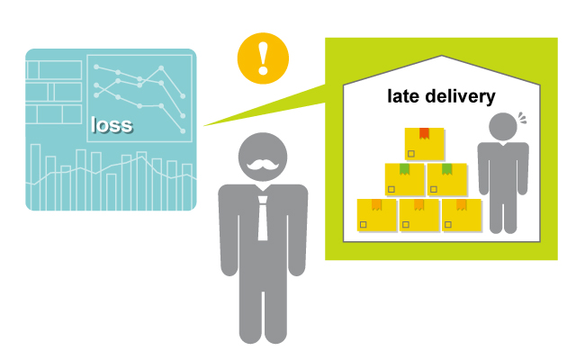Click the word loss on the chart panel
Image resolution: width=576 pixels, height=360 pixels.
112,124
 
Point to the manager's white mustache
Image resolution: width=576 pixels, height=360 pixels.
262,165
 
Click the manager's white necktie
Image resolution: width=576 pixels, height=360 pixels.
263,216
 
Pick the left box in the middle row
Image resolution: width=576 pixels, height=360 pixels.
404,179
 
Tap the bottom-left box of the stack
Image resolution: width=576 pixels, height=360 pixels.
377,215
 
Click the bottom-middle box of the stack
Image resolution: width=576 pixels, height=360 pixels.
419,215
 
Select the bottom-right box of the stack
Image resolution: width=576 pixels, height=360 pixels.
462,215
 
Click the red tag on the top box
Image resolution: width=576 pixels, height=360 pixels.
424,133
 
